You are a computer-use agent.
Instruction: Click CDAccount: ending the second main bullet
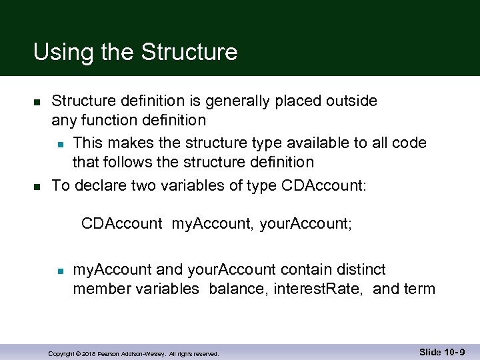(325, 185)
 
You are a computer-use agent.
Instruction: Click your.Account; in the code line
(306, 224)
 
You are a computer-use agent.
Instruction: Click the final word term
(420, 289)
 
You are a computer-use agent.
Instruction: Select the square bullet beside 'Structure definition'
(38, 102)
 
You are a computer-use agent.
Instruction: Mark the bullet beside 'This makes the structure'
(60, 143)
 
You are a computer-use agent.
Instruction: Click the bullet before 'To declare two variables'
(38, 185)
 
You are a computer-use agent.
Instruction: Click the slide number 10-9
(454, 351)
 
